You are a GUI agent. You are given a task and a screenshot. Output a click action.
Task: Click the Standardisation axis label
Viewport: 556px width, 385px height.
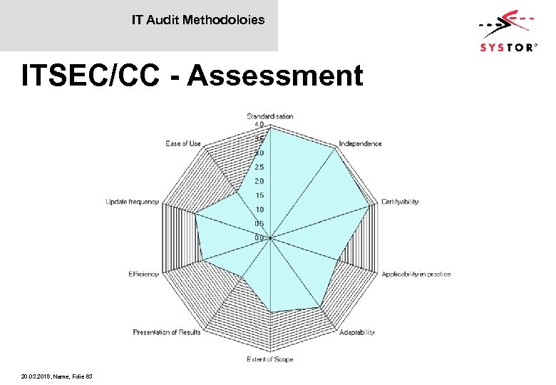coord(270,116)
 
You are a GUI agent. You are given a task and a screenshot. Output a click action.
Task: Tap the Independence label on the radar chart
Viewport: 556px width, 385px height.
coord(360,143)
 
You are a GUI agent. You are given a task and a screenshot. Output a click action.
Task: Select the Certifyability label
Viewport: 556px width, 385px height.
coord(400,202)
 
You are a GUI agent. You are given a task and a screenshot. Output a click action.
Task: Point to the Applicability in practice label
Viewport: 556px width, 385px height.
coord(416,274)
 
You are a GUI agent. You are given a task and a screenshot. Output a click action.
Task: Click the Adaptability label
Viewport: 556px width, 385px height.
coord(356,332)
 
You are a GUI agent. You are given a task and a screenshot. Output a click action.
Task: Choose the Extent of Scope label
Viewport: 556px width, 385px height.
coord(270,359)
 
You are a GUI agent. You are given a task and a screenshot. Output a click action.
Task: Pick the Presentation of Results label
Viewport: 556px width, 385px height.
coord(167,332)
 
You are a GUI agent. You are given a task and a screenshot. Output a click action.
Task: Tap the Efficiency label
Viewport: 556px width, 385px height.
coord(143,274)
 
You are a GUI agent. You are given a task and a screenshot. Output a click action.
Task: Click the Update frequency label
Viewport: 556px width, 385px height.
coord(132,202)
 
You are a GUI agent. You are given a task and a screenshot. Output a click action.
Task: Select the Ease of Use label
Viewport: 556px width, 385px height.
coord(183,143)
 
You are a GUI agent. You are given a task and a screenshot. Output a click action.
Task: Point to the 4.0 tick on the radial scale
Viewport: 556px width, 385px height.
coord(259,125)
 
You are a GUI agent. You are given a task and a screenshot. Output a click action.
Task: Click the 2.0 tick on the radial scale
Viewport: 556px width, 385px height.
coord(259,181)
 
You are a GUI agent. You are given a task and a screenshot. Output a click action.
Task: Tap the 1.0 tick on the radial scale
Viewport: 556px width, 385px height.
coord(259,210)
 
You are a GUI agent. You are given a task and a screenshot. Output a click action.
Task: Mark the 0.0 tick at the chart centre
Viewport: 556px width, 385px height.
coord(259,237)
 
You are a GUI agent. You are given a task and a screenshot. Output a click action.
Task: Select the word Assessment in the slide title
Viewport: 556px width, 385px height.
coord(277,76)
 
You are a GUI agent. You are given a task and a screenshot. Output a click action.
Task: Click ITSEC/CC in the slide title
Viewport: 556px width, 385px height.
coord(91,76)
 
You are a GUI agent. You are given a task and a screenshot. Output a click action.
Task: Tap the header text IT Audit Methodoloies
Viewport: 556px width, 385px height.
coord(197,20)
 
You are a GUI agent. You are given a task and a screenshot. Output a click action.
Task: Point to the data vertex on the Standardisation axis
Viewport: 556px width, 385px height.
coord(270,128)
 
